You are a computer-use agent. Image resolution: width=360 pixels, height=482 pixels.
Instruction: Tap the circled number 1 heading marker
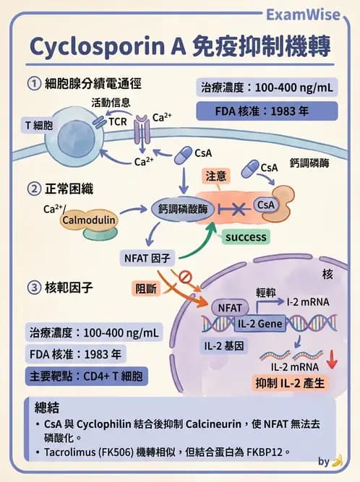point(33,84)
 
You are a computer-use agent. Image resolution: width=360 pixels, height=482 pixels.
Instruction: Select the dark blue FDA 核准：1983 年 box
point(267,112)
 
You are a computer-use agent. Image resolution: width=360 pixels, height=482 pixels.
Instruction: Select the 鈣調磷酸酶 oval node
point(182,208)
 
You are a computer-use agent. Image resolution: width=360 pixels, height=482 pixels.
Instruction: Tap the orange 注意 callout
point(215,176)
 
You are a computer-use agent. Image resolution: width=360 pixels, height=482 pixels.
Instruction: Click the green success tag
point(245,236)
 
